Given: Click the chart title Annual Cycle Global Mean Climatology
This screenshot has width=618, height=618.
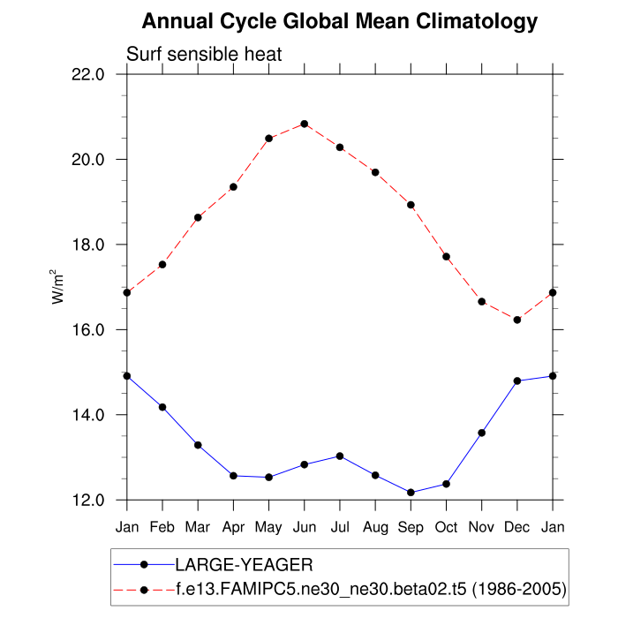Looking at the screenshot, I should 340,21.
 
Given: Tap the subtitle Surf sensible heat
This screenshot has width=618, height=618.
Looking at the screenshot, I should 204,55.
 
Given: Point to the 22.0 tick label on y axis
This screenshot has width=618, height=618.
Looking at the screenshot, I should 87,74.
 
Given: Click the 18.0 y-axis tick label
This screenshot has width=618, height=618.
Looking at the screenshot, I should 87,245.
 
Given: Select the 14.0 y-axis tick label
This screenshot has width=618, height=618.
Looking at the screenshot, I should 87,415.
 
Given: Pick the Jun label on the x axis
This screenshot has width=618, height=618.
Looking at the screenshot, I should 305,527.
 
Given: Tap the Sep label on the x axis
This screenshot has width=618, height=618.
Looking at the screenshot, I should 411,527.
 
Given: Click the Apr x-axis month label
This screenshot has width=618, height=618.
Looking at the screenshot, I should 233,527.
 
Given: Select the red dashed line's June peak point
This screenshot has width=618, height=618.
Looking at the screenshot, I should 305,124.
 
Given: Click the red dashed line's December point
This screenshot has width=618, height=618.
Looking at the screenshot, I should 517,320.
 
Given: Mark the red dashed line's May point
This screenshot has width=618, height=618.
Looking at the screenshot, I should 269,139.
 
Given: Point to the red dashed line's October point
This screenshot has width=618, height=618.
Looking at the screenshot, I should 447,257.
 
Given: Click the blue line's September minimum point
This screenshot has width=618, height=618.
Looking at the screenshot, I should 411,493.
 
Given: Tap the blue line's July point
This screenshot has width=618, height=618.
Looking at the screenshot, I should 340,456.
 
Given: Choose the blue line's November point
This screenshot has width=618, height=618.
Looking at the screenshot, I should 482,433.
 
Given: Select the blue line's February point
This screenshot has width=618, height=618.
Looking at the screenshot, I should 162,407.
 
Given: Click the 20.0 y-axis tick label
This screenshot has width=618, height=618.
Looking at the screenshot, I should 87,160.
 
